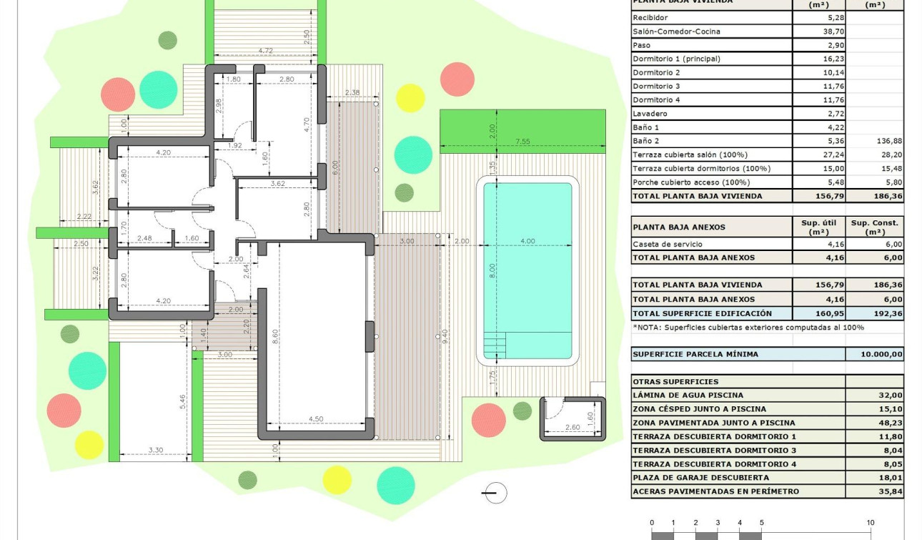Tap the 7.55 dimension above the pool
[x=522, y=142]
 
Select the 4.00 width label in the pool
[x=527, y=241]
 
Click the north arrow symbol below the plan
[x=495, y=493]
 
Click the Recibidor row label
[x=650, y=18]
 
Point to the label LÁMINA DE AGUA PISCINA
[x=688, y=395]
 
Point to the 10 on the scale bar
[x=871, y=523]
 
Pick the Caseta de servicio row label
[x=667, y=244]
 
